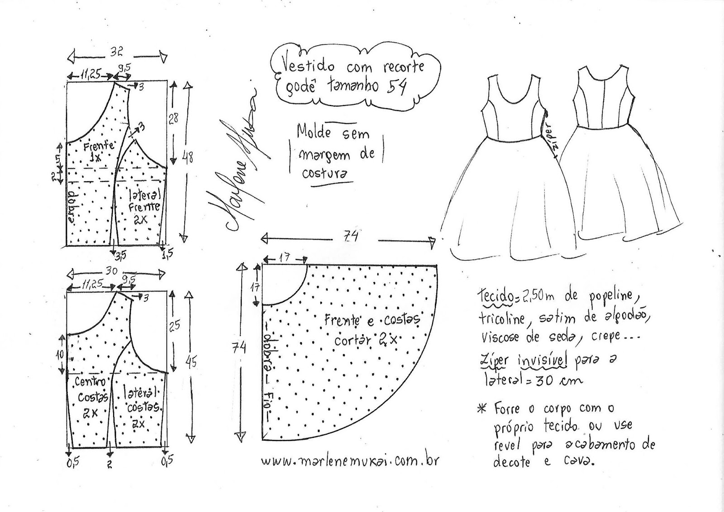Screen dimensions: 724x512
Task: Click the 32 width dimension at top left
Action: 117,51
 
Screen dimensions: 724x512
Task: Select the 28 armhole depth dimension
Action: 173,119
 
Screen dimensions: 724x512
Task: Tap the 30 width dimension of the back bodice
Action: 111,270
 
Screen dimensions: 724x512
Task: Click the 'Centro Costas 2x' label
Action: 90,397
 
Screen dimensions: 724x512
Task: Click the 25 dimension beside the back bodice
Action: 174,325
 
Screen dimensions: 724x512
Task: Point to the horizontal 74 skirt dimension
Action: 351,236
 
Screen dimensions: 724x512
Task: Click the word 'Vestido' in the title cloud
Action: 309,66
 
